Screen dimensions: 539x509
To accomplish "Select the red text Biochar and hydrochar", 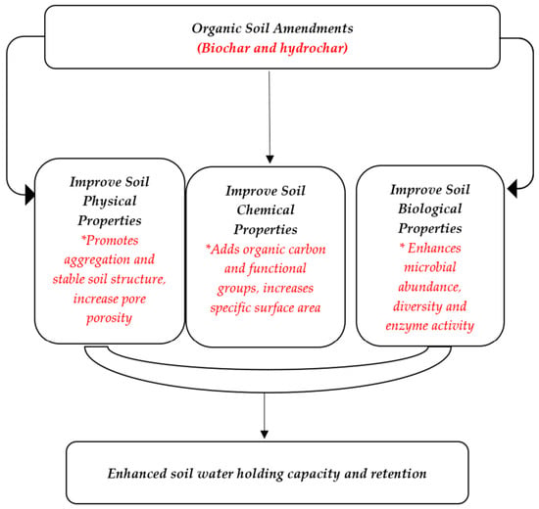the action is [272, 48].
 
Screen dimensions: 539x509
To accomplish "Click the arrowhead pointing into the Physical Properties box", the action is [30, 195].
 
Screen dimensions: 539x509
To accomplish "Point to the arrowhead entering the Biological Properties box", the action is [512, 188].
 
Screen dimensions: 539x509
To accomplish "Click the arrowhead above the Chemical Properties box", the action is [269, 160].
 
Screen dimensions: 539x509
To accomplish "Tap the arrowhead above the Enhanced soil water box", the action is [264, 435].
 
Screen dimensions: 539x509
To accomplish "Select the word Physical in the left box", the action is [110, 202].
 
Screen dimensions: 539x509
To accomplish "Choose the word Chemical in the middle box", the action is [266, 209].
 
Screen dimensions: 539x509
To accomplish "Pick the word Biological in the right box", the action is [429, 209].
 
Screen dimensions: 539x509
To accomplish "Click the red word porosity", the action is [110, 318].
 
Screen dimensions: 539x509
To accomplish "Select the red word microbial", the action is [429, 267].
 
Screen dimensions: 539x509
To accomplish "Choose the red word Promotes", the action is [110, 241].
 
